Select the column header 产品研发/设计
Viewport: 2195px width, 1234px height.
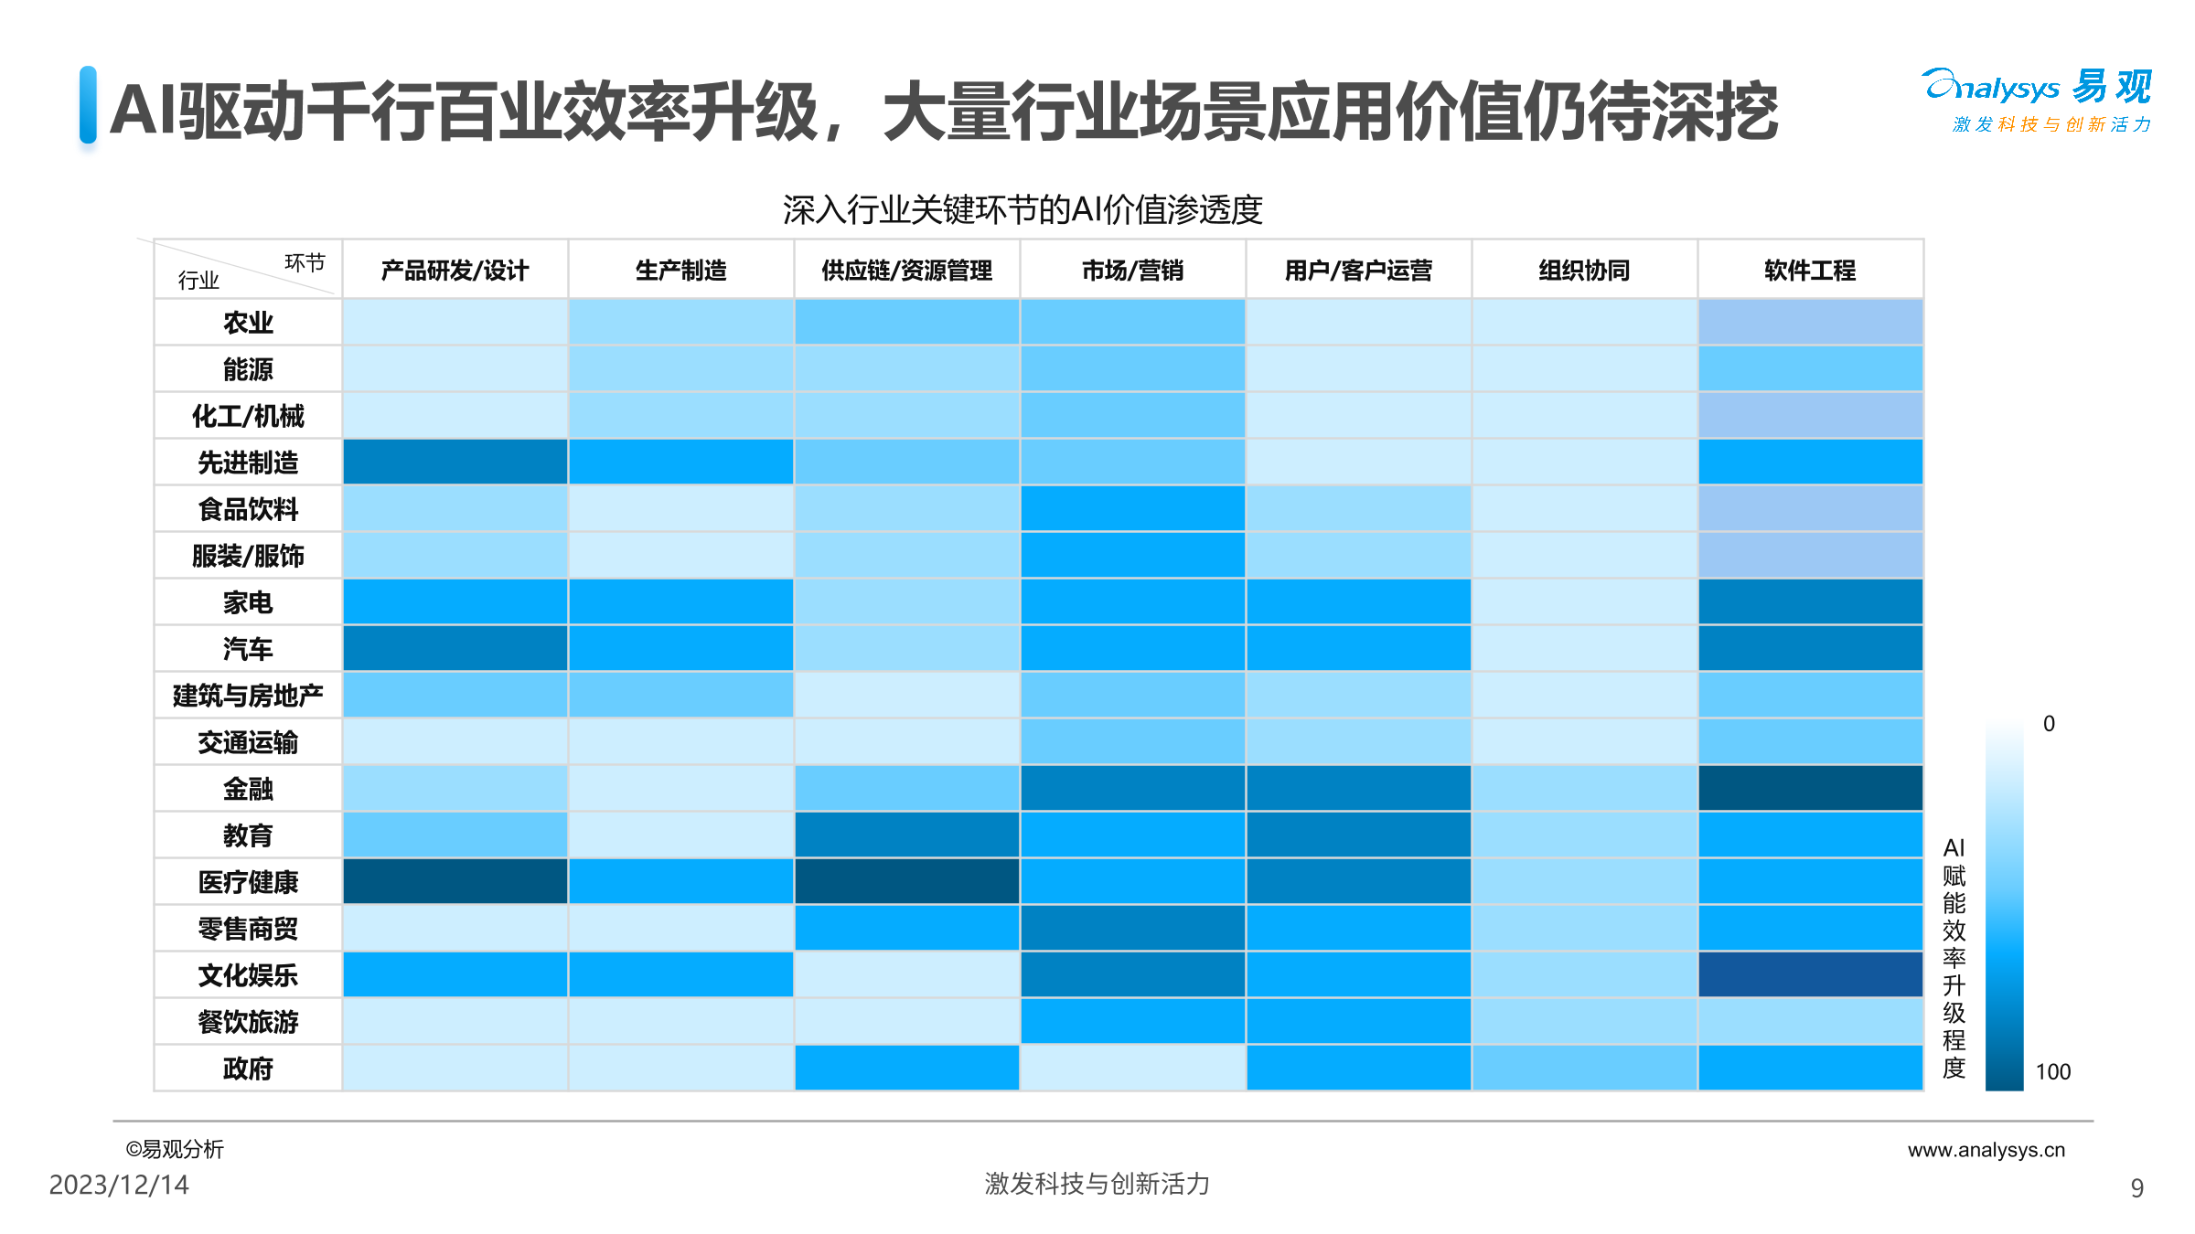[455, 271]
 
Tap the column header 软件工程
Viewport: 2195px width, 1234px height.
[1810, 271]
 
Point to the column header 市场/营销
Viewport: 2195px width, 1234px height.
[1132, 271]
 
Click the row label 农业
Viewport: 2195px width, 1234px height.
[248, 323]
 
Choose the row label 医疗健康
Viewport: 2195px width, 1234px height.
[248, 882]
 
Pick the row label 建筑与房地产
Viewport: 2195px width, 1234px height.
[248, 696]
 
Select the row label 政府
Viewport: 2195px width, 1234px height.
[248, 1069]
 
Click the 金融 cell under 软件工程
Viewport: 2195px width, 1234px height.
[1810, 788]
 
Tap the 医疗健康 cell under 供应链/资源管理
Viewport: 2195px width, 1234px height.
[906, 882]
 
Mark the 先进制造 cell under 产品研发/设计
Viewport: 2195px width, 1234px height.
[455, 463]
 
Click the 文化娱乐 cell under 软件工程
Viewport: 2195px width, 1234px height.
[1810, 975]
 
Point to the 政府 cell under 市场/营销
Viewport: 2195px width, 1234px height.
[1132, 1069]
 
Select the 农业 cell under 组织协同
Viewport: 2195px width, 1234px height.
[1584, 323]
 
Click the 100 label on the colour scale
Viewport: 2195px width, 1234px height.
[2052, 1072]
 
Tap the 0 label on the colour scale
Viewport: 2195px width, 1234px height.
[2049, 724]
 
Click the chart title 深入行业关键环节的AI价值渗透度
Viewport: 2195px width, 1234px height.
[1023, 210]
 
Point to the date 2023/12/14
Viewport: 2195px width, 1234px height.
[119, 1185]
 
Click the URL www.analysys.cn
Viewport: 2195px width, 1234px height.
[1986, 1150]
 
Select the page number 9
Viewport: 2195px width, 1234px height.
[2136, 1188]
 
